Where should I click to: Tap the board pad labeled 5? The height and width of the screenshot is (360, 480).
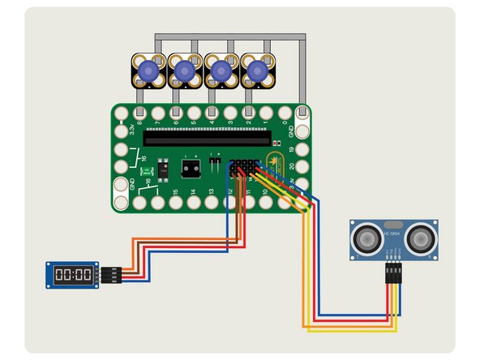pos(195,113)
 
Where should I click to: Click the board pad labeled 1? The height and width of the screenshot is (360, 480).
pos(267,113)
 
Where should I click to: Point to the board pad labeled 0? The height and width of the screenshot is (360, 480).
pos(285,113)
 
